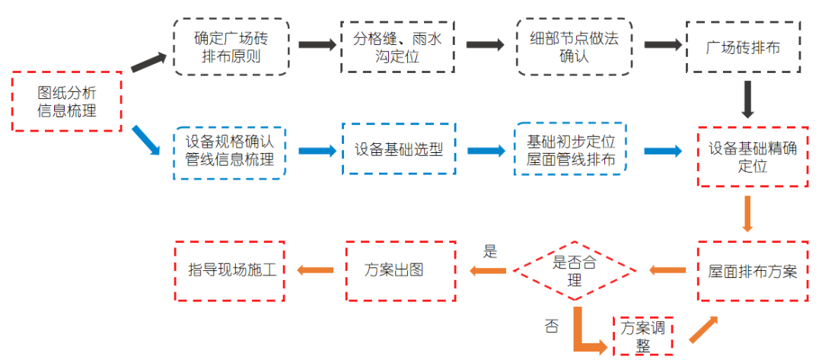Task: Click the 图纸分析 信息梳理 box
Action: [67, 101]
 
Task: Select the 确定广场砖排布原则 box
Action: [231, 46]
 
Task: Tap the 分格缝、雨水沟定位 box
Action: [398, 46]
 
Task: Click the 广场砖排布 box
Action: [744, 46]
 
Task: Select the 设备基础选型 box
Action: [398, 150]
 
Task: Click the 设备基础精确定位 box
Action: [752, 158]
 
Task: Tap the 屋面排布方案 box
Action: [752, 270]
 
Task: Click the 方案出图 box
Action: [400, 270]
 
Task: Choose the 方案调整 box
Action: [643, 336]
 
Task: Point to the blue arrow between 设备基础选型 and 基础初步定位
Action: [485, 151]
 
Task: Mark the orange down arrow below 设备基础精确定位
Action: [747, 214]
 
